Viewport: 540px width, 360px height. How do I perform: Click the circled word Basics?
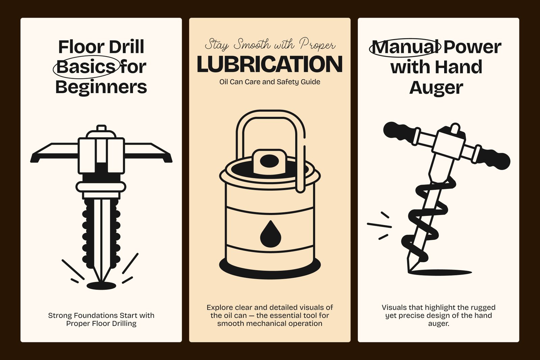coord(86,67)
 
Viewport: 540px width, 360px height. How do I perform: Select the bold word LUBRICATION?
coord(270,64)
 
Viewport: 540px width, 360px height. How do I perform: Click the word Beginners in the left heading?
coord(101,87)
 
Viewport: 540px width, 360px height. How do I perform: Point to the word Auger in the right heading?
coord(436,88)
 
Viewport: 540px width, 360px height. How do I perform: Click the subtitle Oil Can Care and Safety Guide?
coord(270,82)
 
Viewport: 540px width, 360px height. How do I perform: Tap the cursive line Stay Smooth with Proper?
coord(270,45)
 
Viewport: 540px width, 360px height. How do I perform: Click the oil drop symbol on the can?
coord(270,234)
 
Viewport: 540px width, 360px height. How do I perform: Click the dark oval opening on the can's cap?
coord(269,161)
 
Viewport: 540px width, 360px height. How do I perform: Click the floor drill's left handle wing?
coord(54,153)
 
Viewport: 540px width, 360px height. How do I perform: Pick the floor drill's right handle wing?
coord(148,153)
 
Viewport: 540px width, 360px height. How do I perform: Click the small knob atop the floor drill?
coord(101,128)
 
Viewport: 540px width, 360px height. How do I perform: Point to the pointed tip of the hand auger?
coord(409,270)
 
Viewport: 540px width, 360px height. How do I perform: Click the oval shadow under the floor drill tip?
coord(101,286)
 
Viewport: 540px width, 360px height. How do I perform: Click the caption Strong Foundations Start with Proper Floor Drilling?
coord(101,319)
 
